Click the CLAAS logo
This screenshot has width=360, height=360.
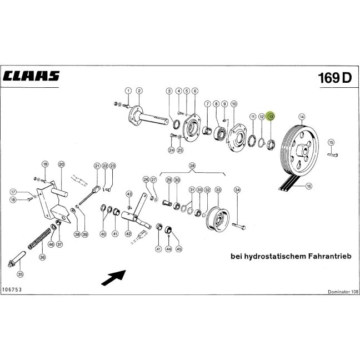31,76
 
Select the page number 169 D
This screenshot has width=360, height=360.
335,78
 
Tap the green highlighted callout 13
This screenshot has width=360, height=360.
271,117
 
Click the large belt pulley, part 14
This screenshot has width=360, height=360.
299,151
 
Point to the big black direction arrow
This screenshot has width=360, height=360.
114,277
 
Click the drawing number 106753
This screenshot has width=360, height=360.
12,289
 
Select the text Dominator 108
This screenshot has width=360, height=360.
343,292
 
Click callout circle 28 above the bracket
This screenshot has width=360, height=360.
192,166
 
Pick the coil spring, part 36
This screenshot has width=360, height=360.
39,238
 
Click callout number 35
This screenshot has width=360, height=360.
20,274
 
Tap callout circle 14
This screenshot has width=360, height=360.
302,117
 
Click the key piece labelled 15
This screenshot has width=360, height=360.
332,154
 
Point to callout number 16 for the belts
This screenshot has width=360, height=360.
309,186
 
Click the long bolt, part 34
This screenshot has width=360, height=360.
239,226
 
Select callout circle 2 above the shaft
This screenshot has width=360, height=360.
139,91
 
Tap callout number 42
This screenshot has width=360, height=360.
128,234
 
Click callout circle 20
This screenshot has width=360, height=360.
61,164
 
